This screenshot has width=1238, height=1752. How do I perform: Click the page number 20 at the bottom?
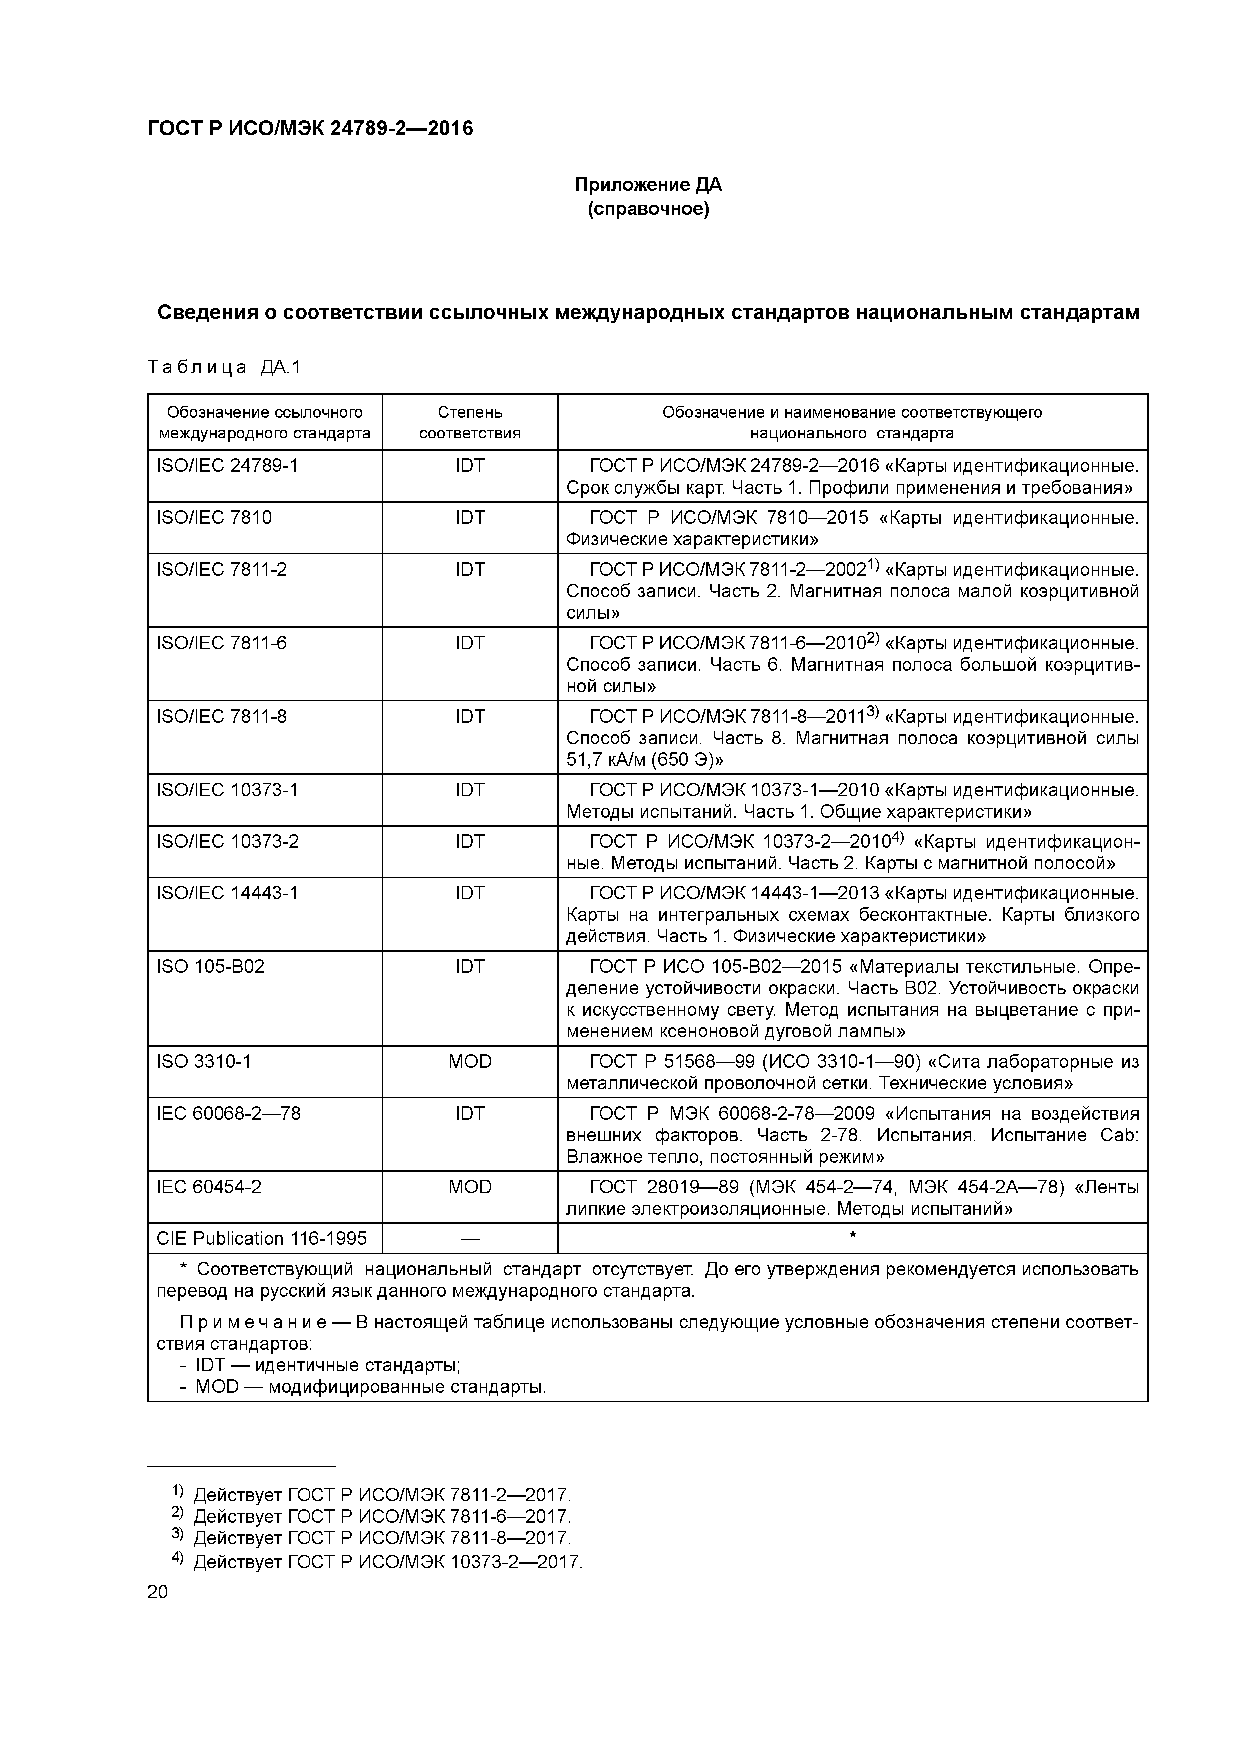[157, 1592]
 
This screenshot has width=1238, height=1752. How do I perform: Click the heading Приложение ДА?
[647, 185]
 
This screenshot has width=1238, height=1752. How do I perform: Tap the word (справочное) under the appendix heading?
[647, 209]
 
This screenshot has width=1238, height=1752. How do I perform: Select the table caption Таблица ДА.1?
[224, 367]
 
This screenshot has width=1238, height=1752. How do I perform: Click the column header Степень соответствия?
[470, 422]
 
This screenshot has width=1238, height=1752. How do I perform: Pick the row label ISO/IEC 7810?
[214, 518]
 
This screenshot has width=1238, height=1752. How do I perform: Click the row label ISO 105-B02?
[211, 967]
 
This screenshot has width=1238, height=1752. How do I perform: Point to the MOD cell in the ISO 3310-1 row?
[470, 1061]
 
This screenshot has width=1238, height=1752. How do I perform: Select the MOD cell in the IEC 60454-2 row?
[470, 1187]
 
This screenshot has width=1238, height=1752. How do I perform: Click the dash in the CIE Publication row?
[470, 1239]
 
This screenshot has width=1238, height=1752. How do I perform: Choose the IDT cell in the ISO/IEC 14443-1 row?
[470, 893]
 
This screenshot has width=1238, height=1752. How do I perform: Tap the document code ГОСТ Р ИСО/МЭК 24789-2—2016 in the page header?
[309, 128]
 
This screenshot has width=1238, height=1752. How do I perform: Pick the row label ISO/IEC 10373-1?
[227, 790]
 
